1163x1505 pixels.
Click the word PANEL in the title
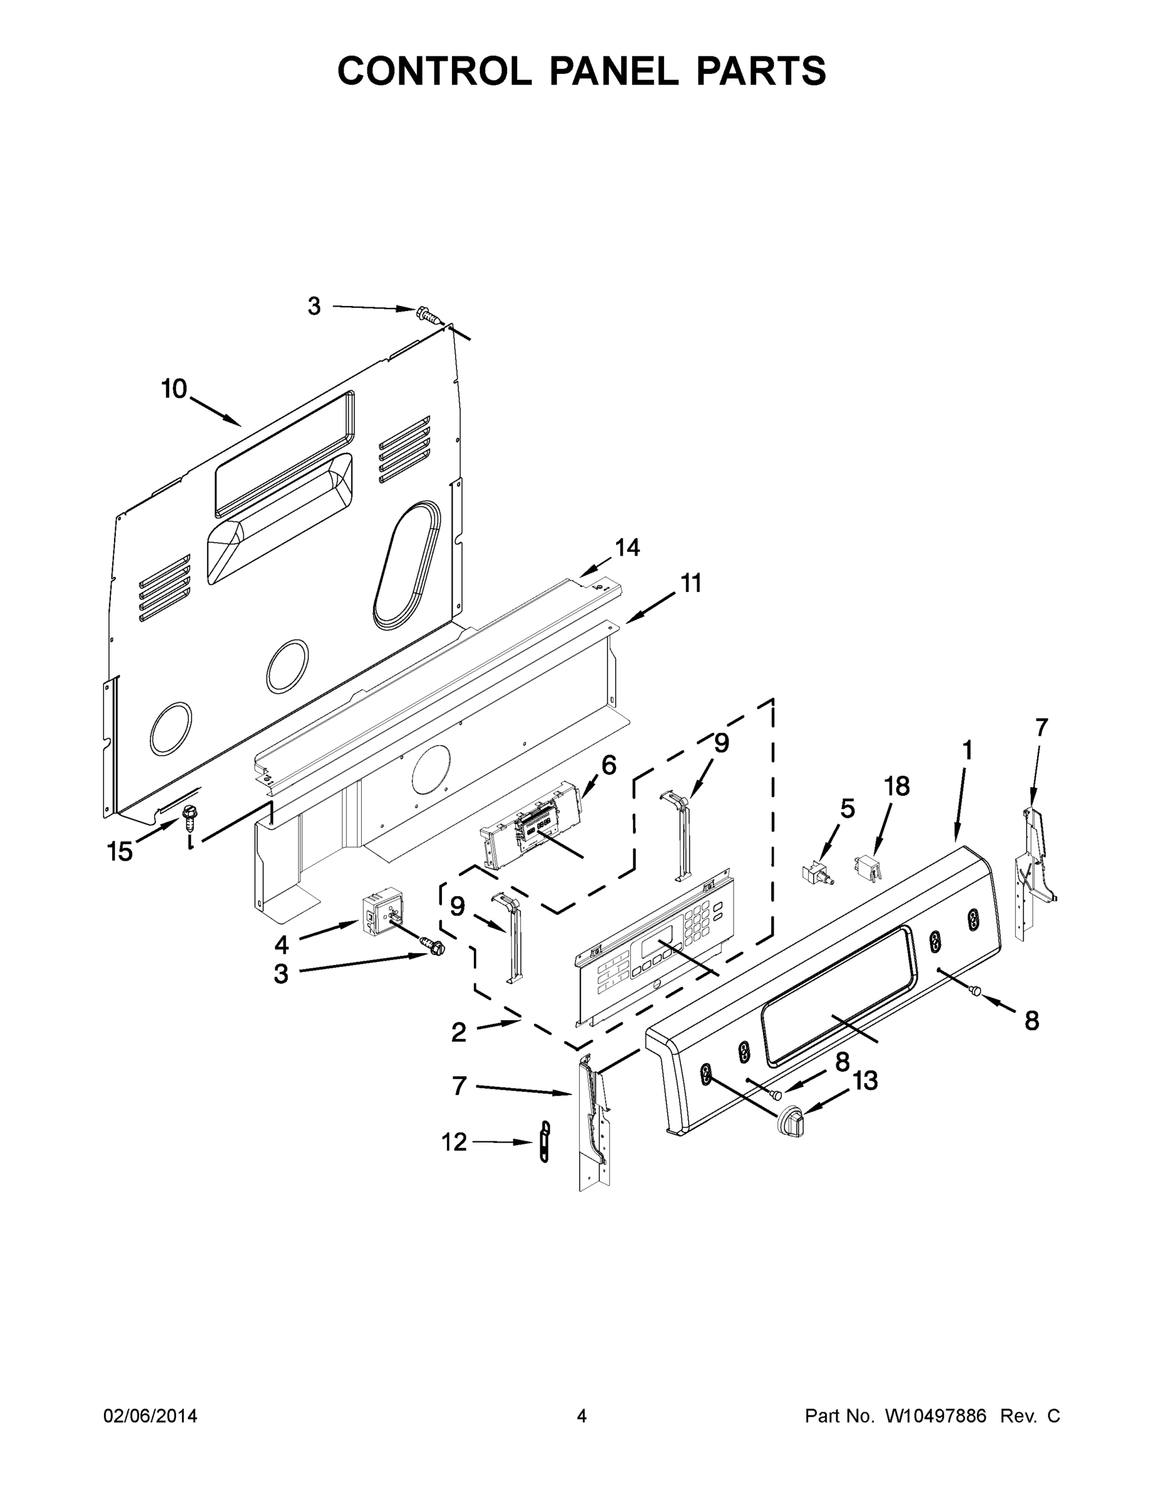613,71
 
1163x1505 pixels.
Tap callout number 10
174,389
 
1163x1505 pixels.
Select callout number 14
627,548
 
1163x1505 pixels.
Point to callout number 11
691,583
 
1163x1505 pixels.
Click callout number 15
120,852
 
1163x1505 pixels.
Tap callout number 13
865,1080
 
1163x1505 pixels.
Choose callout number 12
454,1143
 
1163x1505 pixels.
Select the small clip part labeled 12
545,1143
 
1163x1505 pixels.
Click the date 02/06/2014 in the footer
150,1416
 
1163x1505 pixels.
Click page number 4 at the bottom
582,1416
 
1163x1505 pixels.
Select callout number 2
459,1052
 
